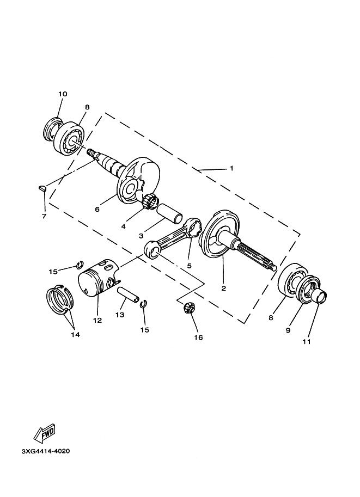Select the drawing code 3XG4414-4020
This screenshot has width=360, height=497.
tap(46, 451)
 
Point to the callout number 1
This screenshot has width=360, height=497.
tap(231, 169)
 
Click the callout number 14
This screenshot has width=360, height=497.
tap(75, 335)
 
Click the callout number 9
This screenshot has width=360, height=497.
tap(289, 330)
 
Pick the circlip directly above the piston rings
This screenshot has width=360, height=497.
tap(78, 265)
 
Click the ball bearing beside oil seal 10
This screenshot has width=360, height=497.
tap(72, 138)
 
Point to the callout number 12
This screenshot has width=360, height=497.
tap(97, 321)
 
